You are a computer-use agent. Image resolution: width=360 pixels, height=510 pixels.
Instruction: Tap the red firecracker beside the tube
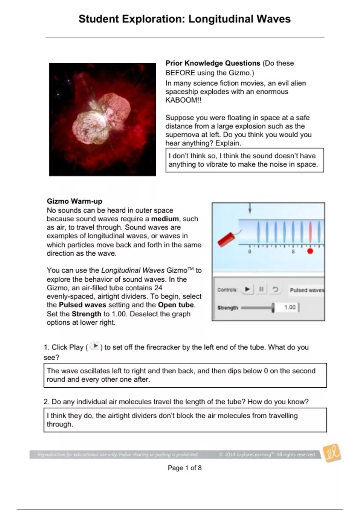(226, 239)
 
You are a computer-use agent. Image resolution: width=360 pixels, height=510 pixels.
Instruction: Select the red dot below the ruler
(310, 251)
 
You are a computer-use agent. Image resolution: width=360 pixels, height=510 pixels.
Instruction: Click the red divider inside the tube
(310, 232)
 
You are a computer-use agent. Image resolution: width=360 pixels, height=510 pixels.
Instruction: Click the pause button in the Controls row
(261, 289)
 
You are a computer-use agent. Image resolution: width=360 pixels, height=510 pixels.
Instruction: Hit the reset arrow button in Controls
(275, 289)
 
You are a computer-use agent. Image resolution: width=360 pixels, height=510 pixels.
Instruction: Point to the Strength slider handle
(273, 308)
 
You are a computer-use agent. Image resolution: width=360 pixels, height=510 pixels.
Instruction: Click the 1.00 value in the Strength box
(290, 307)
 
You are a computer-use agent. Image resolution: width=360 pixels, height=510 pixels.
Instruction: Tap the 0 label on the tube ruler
(250, 252)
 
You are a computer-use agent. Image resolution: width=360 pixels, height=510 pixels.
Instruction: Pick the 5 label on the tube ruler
(293, 252)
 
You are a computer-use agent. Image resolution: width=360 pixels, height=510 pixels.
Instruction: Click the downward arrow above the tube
(250, 208)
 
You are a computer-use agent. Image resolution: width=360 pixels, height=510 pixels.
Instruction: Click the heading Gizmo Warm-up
(74, 201)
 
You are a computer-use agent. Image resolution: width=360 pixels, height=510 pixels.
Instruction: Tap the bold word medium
(165, 219)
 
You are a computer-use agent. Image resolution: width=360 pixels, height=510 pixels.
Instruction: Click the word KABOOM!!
(183, 100)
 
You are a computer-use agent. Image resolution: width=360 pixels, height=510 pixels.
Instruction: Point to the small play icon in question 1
(95, 346)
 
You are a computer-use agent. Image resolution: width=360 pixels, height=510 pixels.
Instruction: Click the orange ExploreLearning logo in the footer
(332, 453)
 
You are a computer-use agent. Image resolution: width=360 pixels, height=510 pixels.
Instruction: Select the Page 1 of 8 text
(184, 468)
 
